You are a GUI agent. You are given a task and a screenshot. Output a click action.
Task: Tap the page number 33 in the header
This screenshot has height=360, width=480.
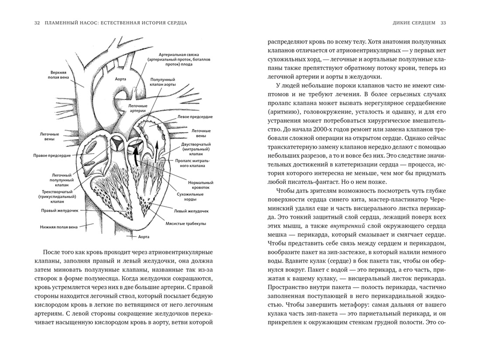tap(444, 23)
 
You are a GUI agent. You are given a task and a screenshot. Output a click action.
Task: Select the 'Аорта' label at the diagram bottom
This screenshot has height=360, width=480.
tap(143, 237)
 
